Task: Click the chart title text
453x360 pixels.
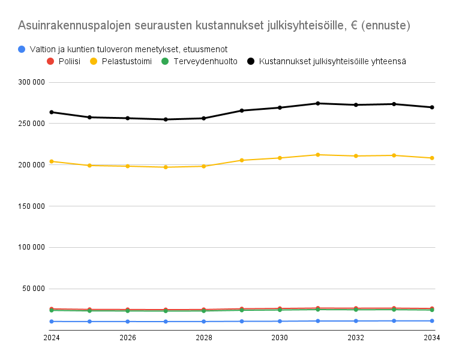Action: click(214, 26)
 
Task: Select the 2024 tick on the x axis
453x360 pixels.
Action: click(52, 338)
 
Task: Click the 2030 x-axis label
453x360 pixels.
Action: click(280, 338)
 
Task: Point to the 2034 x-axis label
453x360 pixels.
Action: click(432, 338)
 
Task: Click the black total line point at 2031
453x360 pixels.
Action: click(318, 104)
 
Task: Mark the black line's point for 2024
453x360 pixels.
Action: click(52, 112)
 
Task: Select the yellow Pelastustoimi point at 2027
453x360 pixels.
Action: click(166, 167)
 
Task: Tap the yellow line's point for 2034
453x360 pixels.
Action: click(432, 158)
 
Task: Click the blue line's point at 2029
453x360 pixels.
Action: click(242, 322)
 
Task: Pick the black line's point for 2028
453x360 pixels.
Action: click(204, 118)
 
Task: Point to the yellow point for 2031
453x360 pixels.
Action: click(318, 155)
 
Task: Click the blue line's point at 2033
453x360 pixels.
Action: click(394, 321)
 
